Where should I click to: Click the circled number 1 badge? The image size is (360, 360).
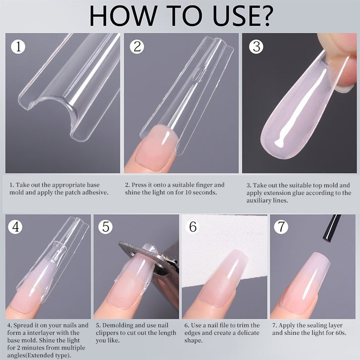click(18, 46)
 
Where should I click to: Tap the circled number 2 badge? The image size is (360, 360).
click(137, 46)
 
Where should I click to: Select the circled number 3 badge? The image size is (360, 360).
click(256, 46)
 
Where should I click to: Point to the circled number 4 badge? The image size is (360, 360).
click(15, 227)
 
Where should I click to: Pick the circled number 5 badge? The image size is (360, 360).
click(106, 227)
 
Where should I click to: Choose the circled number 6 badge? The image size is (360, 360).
click(193, 227)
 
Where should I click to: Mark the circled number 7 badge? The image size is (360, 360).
click(281, 227)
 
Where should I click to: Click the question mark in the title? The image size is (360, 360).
click(264, 16)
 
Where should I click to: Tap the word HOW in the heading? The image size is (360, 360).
click(122, 16)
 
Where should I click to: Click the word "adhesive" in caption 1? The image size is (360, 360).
click(95, 192)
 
